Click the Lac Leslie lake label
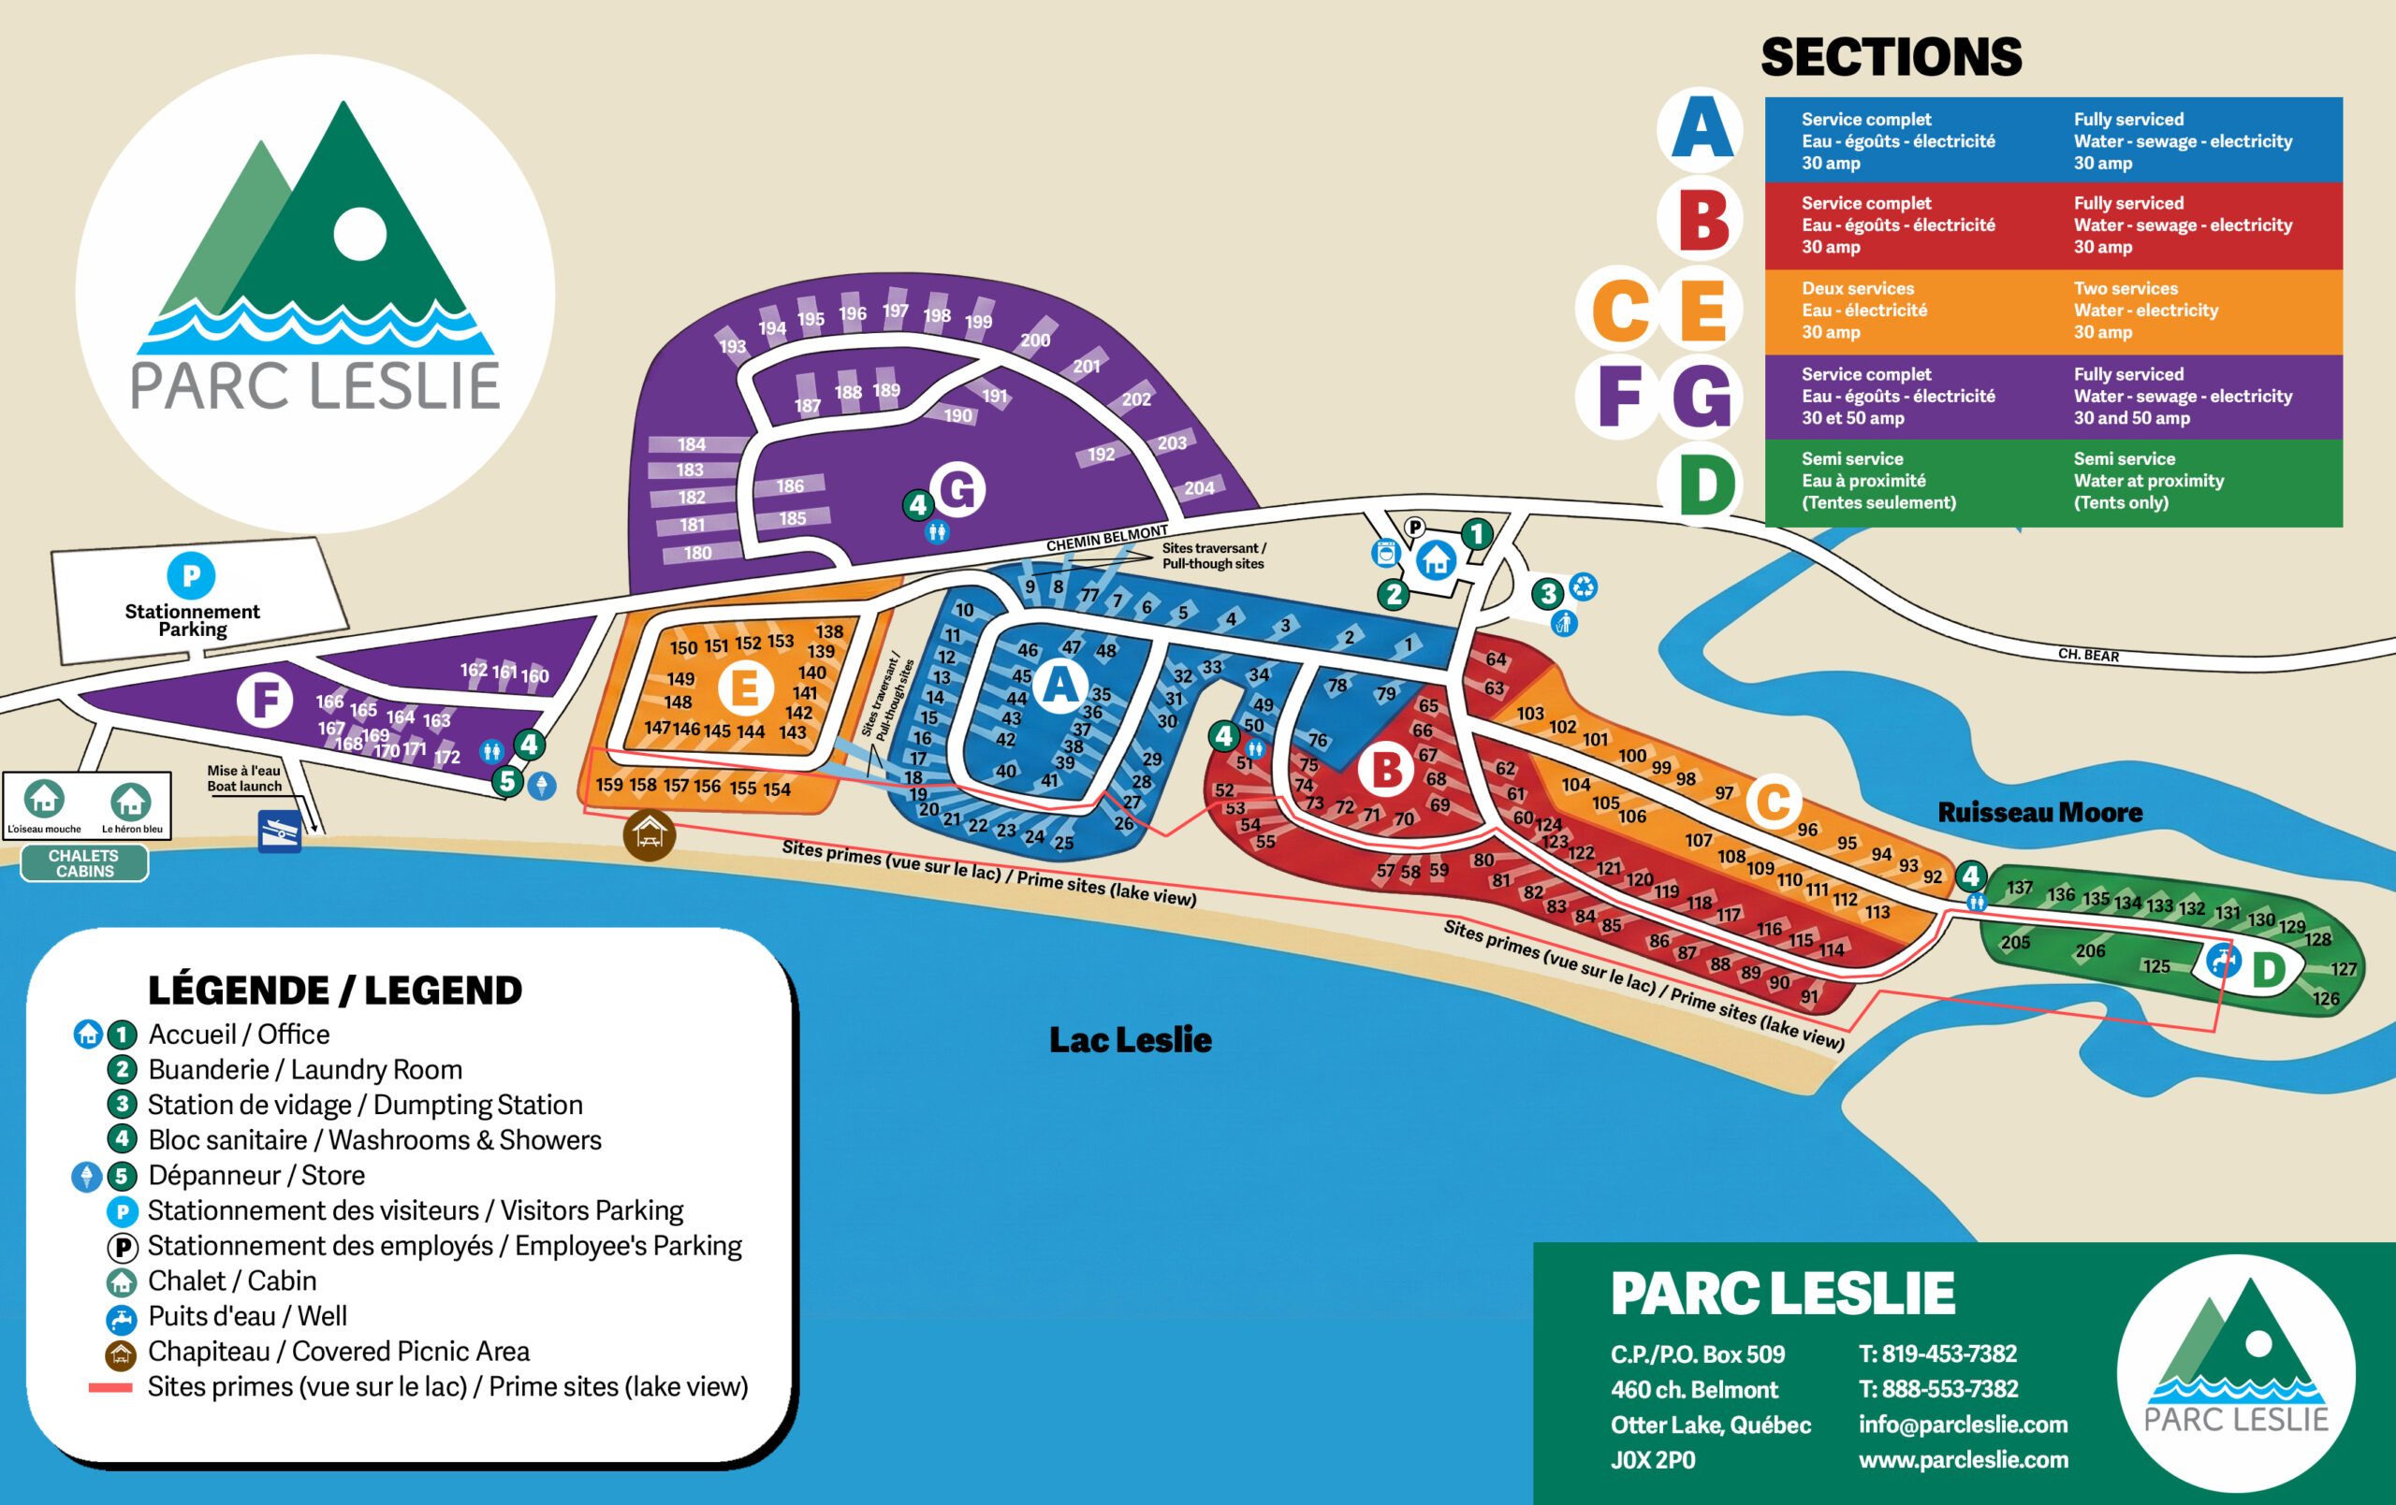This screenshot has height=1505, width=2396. coord(1131,1039)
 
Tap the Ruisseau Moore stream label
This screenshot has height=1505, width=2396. coord(2039,813)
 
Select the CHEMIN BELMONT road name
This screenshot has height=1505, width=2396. coord(1106,539)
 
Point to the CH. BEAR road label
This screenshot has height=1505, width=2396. coord(2087,655)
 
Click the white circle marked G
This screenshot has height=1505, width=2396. coord(958,488)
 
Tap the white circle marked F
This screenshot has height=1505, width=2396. coord(265,700)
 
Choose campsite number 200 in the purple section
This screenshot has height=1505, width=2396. coord(1035,340)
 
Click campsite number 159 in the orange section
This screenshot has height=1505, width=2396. coord(609,784)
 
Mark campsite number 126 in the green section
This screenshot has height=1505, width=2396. coord(2326,999)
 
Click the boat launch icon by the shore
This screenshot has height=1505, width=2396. coord(280,831)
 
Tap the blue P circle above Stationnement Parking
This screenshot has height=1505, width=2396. coord(191,575)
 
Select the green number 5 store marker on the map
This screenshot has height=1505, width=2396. coord(507,781)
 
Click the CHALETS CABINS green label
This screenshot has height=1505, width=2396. coord(84,862)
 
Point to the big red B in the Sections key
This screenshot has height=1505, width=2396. coord(1703,221)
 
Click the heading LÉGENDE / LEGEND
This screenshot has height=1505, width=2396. coord(334,990)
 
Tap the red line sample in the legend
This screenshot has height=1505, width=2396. coord(110,1386)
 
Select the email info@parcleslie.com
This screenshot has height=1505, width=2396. coord(1962,1424)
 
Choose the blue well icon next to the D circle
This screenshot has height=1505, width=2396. coord(2224,961)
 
